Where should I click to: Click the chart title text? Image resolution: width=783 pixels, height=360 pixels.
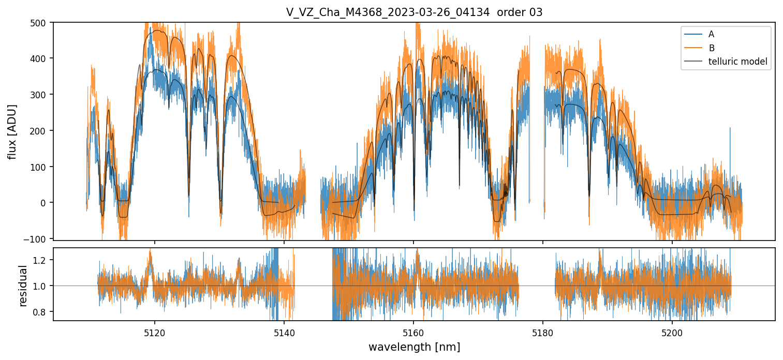coord(414,12)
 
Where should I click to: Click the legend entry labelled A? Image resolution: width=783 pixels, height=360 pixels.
coord(711,34)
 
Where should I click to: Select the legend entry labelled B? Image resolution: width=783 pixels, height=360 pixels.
coord(711,48)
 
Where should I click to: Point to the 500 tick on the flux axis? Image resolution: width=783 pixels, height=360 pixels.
coord(40,23)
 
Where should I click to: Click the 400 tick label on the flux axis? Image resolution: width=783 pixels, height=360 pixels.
coord(40,58)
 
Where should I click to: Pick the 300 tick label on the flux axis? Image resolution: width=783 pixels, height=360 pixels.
coord(40,95)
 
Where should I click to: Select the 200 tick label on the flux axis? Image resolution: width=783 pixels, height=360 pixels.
coord(40,130)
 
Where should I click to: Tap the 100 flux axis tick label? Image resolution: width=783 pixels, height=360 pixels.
coord(40,167)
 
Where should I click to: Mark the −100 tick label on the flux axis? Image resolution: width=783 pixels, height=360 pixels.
coord(38,238)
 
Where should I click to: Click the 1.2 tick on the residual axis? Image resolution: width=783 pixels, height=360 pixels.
coord(42,260)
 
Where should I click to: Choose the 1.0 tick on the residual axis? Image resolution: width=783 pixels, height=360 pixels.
coord(42,286)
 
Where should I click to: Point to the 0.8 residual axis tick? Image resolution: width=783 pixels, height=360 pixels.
coord(42,312)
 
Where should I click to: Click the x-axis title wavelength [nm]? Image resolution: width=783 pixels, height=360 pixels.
coord(414,347)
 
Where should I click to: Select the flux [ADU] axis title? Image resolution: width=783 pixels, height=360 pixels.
coord(12,131)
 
